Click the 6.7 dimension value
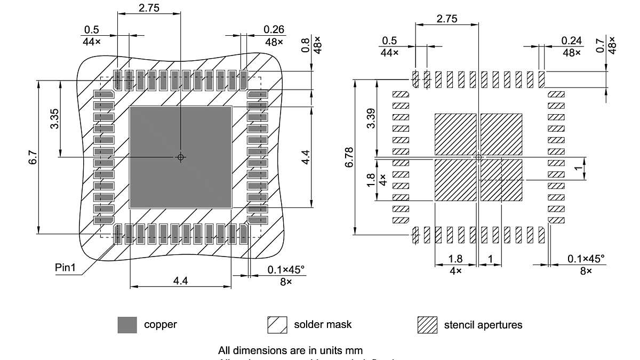[x=33, y=157]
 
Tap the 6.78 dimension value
[x=349, y=157]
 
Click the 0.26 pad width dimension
[x=274, y=29]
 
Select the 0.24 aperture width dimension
[x=572, y=41]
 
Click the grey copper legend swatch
[x=127, y=325]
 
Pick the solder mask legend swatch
[x=277, y=325]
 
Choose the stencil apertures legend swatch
[x=427, y=325]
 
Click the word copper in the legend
[x=160, y=324]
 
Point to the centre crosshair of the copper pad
[x=180, y=157]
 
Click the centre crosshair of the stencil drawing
[x=478, y=157]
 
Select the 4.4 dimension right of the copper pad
[x=305, y=157]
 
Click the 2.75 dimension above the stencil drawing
[x=446, y=18]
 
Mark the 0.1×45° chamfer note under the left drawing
[x=286, y=270]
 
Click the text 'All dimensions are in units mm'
[x=291, y=350]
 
